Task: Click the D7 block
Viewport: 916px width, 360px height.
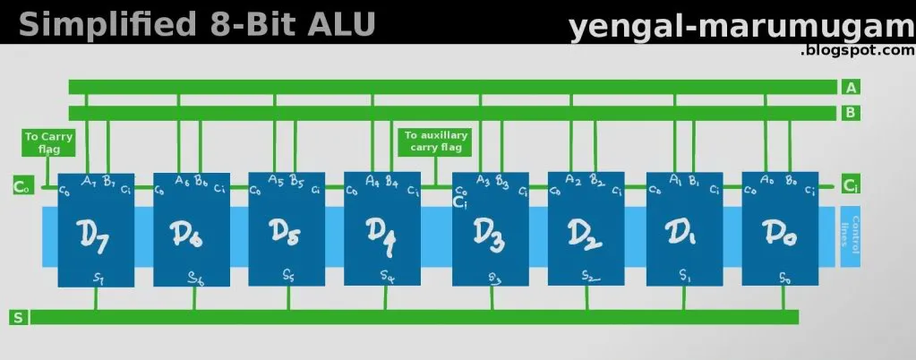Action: pyautogui.click(x=96, y=230)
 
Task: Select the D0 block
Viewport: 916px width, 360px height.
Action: pyautogui.click(x=780, y=230)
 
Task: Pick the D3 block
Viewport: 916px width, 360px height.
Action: pyautogui.click(x=490, y=230)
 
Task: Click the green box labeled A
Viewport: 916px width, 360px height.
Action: pyautogui.click(x=851, y=87)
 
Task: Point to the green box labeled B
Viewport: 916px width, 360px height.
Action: pyautogui.click(x=851, y=113)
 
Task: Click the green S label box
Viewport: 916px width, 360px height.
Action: pyautogui.click(x=18, y=318)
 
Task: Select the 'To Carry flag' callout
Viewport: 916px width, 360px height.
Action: pyautogui.click(x=49, y=142)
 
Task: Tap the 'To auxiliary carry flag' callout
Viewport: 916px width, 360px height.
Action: pyautogui.click(x=436, y=141)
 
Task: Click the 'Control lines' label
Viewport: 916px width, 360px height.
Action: pyautogui.click(x=852, y=236)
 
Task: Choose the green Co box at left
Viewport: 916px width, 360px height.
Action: pyautogui.click(x=21, y=186)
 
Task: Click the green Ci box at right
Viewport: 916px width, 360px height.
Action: pyautogui.click(x=851, y=185)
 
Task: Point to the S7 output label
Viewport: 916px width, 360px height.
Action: pyautogui.click(x=98, y=279)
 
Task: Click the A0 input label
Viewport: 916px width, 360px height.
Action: pyautogui.click(x=766, y=179)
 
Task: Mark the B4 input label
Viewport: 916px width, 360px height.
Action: pyautogui.click(x=392, y=182)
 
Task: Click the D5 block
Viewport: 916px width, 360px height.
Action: pyautogui.click(x=286, y=230)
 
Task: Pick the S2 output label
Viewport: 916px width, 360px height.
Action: pyautogui.click(x=588, y=277)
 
